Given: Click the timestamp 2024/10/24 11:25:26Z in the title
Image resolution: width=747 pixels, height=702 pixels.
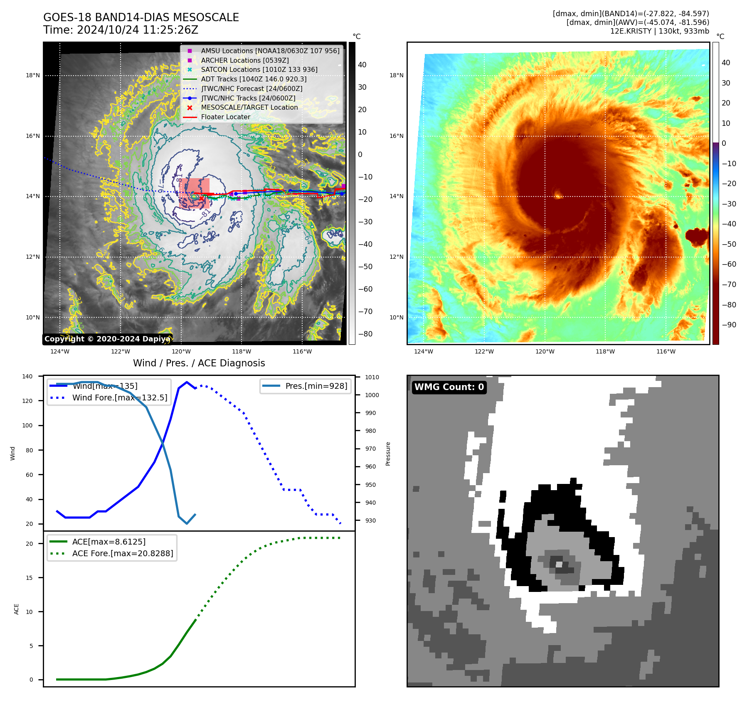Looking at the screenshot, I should pos(137,30).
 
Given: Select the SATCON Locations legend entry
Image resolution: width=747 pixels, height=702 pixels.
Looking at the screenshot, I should pos(259,70).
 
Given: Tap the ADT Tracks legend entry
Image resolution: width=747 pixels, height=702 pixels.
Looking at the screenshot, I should pos(254,79).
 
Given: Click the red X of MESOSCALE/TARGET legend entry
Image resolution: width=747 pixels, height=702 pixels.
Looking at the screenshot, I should pos(190,108).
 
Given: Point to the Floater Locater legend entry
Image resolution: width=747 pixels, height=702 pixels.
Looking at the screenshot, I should pos(225,117).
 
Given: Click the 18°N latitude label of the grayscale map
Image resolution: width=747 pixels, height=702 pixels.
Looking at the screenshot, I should pos(33,76).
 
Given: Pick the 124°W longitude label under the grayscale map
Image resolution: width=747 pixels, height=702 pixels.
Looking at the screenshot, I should pos(60,352).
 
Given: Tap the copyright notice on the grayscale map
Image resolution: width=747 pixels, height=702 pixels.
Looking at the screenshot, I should pos(107,339).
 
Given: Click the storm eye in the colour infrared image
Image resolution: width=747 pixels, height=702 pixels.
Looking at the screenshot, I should pos(557,194).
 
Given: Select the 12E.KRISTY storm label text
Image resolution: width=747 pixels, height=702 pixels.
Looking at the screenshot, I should pos(630,31).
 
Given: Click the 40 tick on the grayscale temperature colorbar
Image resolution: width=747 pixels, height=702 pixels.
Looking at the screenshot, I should pos(362,65).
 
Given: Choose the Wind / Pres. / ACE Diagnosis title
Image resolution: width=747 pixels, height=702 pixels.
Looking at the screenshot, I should pos(199,363).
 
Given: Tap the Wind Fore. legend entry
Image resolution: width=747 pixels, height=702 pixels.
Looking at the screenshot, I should pos(120,398).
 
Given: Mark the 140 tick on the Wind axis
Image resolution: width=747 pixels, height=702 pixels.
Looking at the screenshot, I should pos(27,376).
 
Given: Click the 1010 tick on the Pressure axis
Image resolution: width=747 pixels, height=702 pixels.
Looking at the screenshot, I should pos(372,377).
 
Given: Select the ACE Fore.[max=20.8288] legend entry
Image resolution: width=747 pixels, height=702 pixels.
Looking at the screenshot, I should pos(123,553).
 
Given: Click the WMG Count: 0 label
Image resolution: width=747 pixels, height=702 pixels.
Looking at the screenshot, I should pos(449,387).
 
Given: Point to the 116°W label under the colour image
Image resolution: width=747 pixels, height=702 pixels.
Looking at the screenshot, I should pos(666,352).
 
